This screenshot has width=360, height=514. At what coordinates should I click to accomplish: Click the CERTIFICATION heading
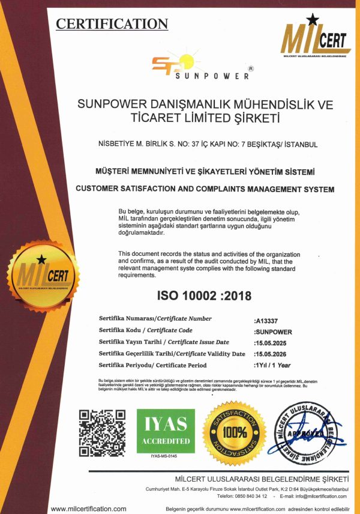coord(112,24)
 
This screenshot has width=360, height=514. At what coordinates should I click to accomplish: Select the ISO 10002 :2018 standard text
coord(204,296)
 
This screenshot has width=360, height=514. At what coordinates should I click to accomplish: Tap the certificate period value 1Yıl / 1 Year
coord(273,365)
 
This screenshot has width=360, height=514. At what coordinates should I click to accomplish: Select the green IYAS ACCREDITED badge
coord(165,431)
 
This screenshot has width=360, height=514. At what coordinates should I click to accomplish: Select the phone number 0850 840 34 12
coord(251,495)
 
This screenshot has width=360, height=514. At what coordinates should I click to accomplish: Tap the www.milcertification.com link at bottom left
coord(89,508)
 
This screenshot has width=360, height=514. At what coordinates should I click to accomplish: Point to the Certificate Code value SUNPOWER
coord(273,331)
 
